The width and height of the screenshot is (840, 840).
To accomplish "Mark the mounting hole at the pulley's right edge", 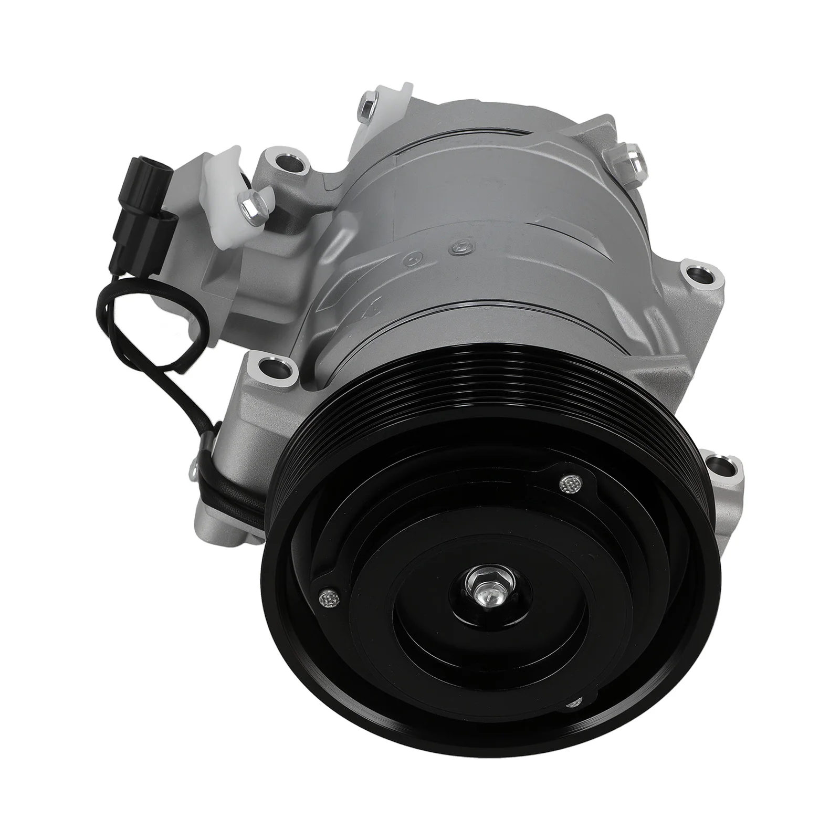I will (718, 466).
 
